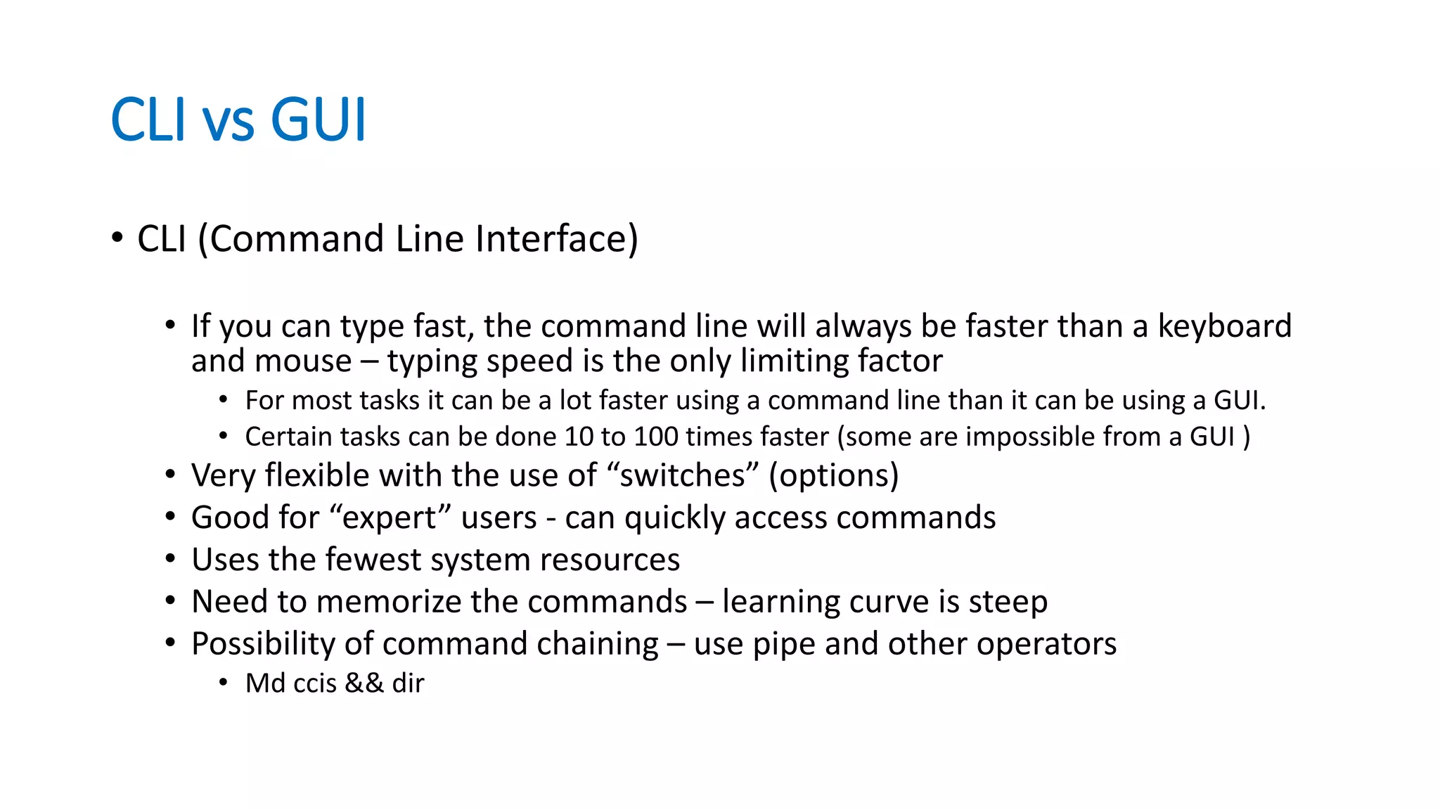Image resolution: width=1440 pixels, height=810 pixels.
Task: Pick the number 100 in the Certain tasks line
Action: click(655, 437)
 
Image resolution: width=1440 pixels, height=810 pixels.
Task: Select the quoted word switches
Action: click(683, 476)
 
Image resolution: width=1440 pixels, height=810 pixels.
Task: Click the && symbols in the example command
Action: click(364, 683)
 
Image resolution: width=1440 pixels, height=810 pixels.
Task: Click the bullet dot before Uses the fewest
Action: click(170, 560)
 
